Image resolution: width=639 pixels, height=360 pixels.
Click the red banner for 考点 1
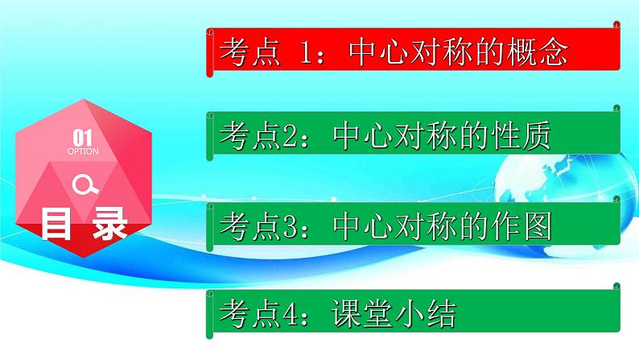pos(414,52)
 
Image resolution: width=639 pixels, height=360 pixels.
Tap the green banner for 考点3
pos(414,227)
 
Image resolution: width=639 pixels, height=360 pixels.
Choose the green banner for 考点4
pos(414,314)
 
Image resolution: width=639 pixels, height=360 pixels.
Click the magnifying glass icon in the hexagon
pos(84,186)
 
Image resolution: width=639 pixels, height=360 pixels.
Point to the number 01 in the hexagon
pos(83,137)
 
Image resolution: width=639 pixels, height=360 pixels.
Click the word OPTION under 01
pos(83,151)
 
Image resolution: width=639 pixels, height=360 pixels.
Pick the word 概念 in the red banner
pos(539,52)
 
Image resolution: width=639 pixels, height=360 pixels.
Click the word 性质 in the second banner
pos(523,137)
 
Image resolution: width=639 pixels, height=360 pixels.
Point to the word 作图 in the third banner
pos(523,228)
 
